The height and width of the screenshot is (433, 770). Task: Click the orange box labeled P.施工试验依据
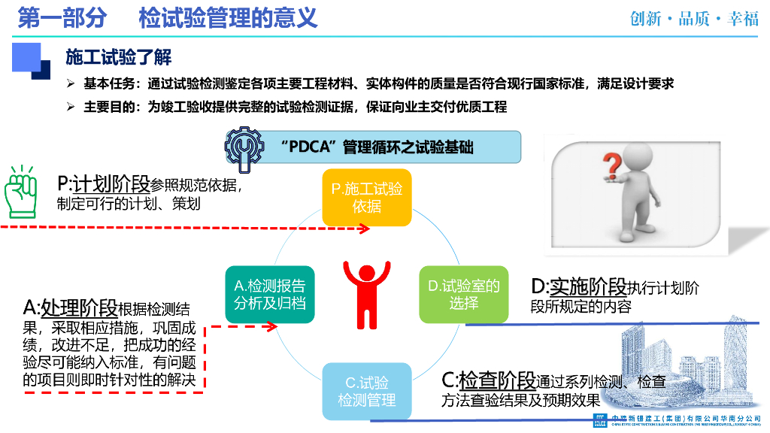(x=367, y=197)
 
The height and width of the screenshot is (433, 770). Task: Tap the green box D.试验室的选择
(x=463, y=294)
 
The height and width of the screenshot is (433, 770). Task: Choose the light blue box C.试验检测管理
(x=366, y=390)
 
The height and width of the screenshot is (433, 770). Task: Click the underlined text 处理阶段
(x=80, y=307)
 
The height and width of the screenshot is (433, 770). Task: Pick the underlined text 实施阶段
(x=588, y=286)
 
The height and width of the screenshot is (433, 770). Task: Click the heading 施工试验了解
(x=118, y=57)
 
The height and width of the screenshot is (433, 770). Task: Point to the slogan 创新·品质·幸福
(x=694, y=19)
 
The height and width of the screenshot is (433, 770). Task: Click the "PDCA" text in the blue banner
(x=313, y=147)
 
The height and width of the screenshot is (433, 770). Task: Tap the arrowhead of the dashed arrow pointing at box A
(x=276, y=326)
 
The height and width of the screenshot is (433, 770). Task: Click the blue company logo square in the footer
(x=601, y=419)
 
